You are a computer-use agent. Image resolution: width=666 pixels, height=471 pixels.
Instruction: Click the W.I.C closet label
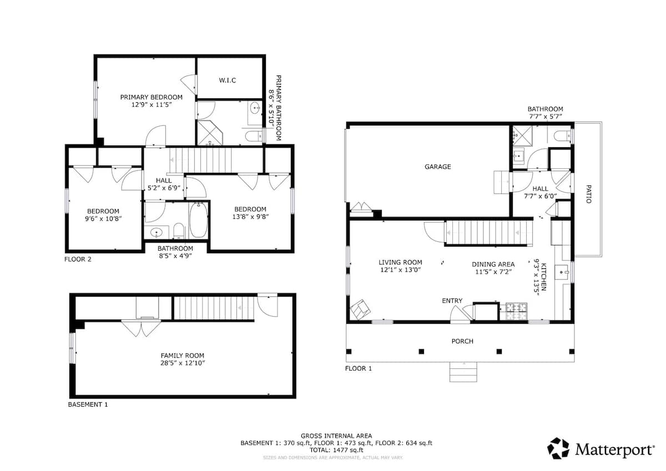(x=228, y=81)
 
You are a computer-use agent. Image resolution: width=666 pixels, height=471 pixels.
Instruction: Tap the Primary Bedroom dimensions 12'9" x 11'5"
(x=152, y=105)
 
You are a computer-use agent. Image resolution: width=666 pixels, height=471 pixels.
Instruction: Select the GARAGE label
(x=438, y=167)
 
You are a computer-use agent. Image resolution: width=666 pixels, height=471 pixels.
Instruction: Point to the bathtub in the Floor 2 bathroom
(x=199, y=220)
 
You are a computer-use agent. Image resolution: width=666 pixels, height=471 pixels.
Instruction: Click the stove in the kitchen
(x=516, y=312)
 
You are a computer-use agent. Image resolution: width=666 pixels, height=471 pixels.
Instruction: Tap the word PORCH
(x=462, y=341)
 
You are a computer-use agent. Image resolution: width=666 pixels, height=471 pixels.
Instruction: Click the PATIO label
(x=588, y=194)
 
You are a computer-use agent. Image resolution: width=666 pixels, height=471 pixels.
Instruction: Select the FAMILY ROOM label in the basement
(x=182, y=355)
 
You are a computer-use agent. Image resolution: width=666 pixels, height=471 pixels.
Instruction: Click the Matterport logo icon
(x=558, y=448)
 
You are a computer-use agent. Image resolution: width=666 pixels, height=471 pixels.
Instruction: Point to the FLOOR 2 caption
(x=78, y=259)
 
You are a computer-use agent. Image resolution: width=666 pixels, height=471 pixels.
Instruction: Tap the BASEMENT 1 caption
(x=88, y=404)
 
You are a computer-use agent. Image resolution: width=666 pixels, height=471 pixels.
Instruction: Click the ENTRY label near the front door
(x=452, y=301)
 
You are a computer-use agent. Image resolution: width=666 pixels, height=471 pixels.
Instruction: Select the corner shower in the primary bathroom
(x=210, y=133)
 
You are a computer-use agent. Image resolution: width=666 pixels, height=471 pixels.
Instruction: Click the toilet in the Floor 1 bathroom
(x=563, y=136)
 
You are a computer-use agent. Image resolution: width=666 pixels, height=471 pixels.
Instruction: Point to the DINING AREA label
(x=493, y=264)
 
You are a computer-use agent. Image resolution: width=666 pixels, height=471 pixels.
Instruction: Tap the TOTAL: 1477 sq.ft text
(x=336, y=450)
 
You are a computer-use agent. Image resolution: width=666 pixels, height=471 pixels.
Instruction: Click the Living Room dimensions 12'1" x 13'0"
(x=400, y=270)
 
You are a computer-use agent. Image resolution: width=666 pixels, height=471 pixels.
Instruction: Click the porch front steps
(x=463, y=372)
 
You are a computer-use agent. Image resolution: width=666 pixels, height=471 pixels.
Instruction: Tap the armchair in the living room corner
(x=360, y=309)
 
